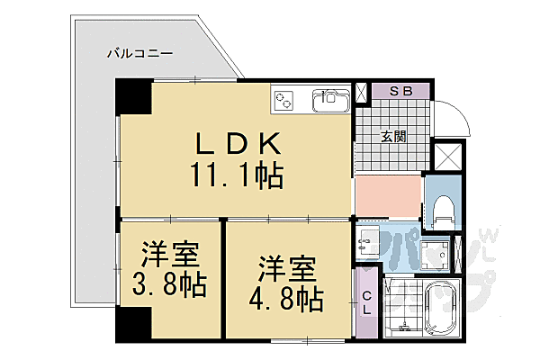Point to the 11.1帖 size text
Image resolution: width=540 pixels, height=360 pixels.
[x=236, y=173]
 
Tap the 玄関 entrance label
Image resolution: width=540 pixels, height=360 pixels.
[x=392, y=137]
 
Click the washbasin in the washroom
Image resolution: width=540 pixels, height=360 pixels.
[x=370, y=240]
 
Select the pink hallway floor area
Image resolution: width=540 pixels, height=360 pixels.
[x=388, y=194]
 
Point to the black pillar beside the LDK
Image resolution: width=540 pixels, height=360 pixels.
[x=133, y=97]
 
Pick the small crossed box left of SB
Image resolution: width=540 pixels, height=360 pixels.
[x=362, y=91]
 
